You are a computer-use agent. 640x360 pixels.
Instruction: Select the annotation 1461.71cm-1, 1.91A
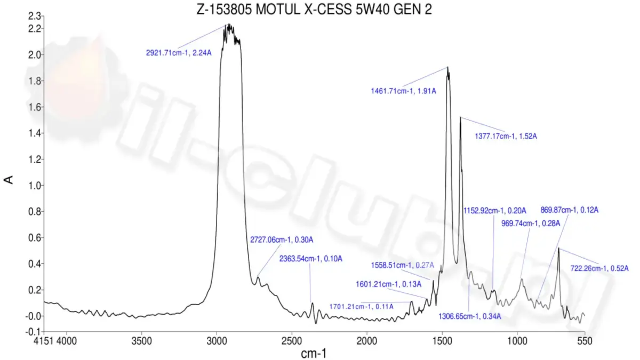[404, 91]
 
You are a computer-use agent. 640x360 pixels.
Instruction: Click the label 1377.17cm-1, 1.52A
[506, 137]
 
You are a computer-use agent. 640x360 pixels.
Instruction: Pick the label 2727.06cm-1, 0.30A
[282, 239]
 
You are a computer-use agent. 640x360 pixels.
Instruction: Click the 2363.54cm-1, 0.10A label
[310, 259]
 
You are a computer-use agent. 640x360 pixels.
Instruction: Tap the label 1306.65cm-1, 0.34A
[470, 316]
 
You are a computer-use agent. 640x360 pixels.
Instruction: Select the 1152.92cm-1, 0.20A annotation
[495, 210]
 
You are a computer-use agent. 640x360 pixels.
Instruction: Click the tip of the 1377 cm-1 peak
[460, 117]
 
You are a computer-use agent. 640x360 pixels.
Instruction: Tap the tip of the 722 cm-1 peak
[558, 248]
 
